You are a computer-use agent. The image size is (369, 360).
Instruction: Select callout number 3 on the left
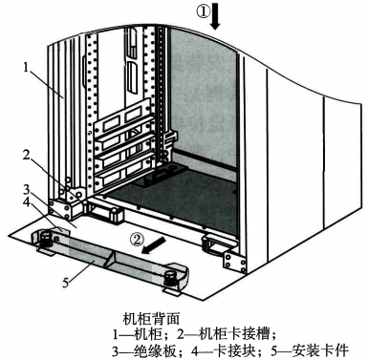pyautogui.click(x=32, y=189)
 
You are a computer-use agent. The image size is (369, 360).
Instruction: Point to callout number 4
pyautogui.click(x=32, y=202)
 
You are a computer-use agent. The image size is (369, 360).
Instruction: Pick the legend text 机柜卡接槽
pyautogui.click(x=242, y=330)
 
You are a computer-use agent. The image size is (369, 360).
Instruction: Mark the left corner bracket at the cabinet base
pyautogui.click(x=71, y=201)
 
